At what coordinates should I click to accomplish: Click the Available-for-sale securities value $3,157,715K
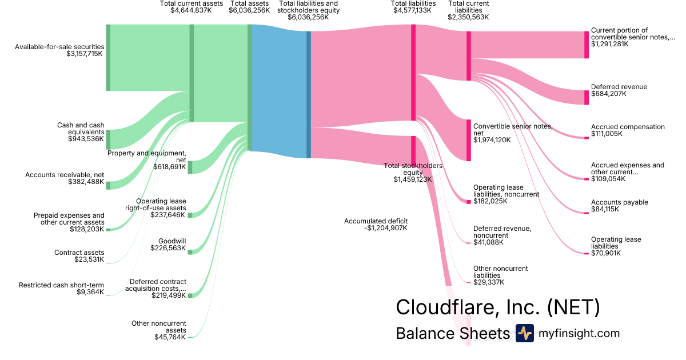tap(85, 54)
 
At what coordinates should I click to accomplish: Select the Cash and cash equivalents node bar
tap(108, 139)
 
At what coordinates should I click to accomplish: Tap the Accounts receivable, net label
tap(65, 175)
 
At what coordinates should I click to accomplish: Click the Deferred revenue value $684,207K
tap(609, 94)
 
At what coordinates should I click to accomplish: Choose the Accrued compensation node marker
tap(586, 137)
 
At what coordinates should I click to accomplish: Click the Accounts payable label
tap(620, 202)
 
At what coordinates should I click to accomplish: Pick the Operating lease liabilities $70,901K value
tap(606, 253)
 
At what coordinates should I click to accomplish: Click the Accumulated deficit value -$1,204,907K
tap(386, 228)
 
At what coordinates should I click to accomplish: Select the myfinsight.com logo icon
tap(524, 333)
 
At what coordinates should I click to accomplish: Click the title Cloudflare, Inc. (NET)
tap(497, 307)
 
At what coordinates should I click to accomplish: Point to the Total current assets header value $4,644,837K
tap(192, 10)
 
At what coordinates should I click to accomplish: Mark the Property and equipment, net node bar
tap(190, 167)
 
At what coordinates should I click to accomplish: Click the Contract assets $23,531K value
tap(89, 259)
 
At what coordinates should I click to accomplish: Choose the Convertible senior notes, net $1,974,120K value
tap(492, 140)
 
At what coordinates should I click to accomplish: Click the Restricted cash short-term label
tap(62, 285)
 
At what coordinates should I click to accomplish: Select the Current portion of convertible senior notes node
tap(586, 45)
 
